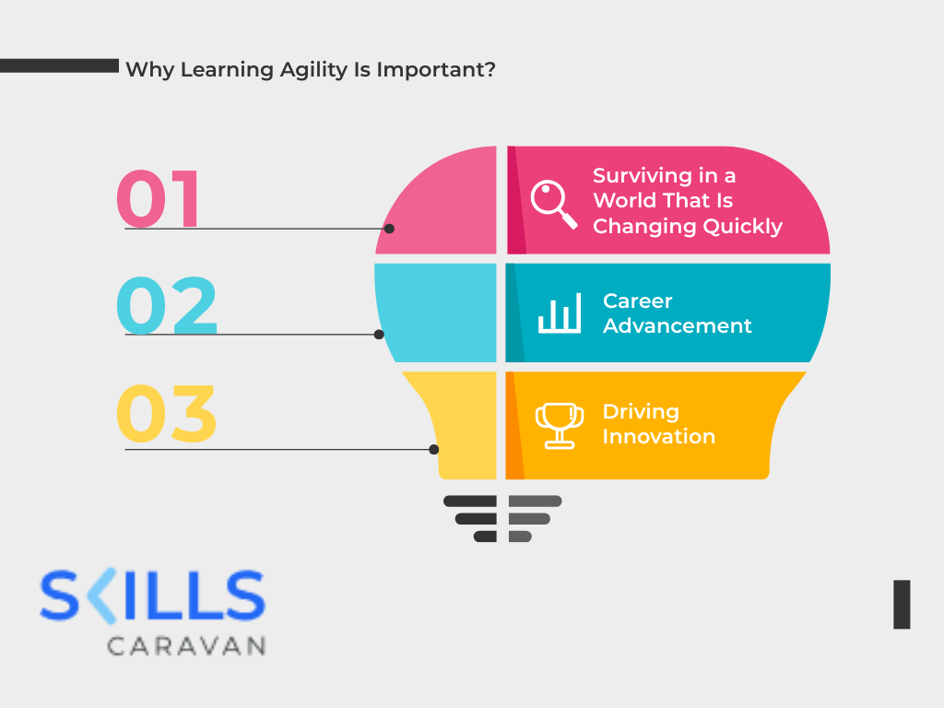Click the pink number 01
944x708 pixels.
(x=159, y=198)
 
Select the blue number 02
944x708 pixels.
(x=167, y=306)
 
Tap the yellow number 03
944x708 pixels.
(x=167, y=413)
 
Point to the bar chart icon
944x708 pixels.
(x=560, y=313)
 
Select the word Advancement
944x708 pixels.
(x=678, y=326)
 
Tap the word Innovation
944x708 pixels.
(x=658, y=437)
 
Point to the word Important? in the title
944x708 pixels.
(x=436, y=70)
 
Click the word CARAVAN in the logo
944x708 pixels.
(x=186, y=645)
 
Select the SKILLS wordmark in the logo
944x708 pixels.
(x=152, y=596)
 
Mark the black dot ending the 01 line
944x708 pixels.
(x=389, y=229)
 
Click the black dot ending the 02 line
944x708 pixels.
(x=379, y=335)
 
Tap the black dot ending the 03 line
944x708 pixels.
(x=434, y=450)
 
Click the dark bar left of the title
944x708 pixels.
(x=59, y=65)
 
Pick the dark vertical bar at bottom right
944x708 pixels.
(x=902, y=605)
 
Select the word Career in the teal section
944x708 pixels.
(x=638, y=301)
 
